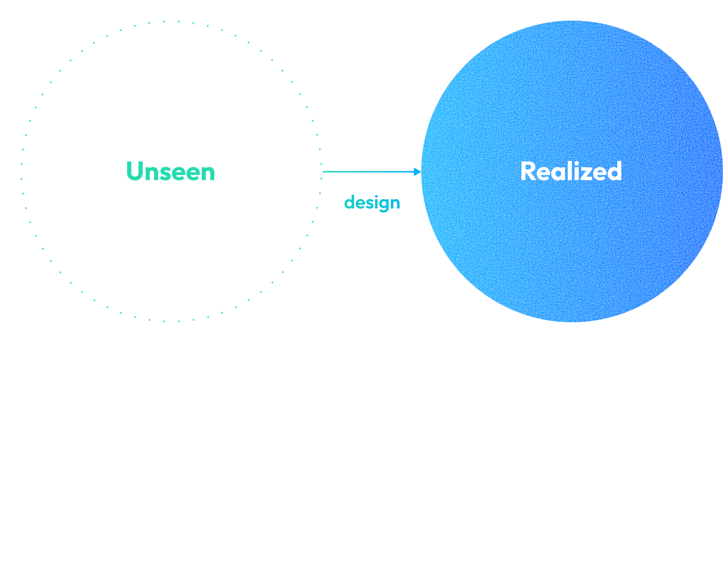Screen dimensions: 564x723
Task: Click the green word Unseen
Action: (x=170, y=172)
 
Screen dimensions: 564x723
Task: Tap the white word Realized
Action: (x=571, y=172)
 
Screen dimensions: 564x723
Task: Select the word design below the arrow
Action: (x=372, y=203)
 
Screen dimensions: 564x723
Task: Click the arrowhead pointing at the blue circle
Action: (x=417, y=172)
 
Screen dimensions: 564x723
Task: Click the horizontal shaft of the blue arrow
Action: (x=367, y=172)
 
